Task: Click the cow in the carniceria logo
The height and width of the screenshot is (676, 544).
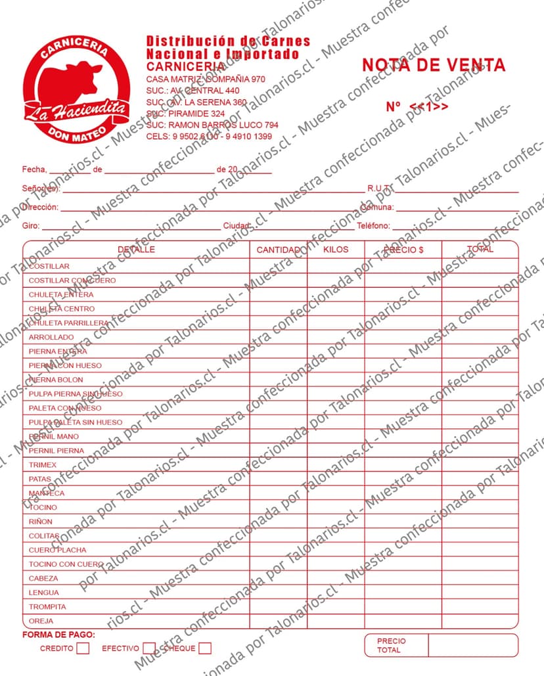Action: [74, 81]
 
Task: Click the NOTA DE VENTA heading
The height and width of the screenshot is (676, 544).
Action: [434, 65]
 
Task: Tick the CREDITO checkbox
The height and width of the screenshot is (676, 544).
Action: [83, 648]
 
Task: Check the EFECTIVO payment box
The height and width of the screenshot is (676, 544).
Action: [149, 648]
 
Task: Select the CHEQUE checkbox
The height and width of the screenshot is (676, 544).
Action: [205, 648]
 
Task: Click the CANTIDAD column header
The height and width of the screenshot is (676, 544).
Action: [279, 250]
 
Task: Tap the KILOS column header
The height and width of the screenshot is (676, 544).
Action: [336, 250]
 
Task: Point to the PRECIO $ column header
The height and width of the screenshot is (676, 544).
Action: [403, 250]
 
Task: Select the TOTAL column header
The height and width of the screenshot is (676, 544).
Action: [480, 250]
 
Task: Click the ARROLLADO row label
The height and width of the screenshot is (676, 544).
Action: [51, 337]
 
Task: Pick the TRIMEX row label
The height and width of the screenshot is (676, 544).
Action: [43, 464]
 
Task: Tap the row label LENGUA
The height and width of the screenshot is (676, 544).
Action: [44, 593]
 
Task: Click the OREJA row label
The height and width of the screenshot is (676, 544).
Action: [41, 621]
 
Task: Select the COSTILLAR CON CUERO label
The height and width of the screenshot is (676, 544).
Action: [72, 281]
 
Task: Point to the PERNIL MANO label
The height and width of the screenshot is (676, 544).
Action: [54, 436]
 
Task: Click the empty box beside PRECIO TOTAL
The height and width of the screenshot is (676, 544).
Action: [472, 645]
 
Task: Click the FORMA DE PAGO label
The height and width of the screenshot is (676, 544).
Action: [58, 635]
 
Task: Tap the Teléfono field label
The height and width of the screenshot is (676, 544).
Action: [373, 226]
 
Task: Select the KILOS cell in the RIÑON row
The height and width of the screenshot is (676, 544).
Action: [336, 522]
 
